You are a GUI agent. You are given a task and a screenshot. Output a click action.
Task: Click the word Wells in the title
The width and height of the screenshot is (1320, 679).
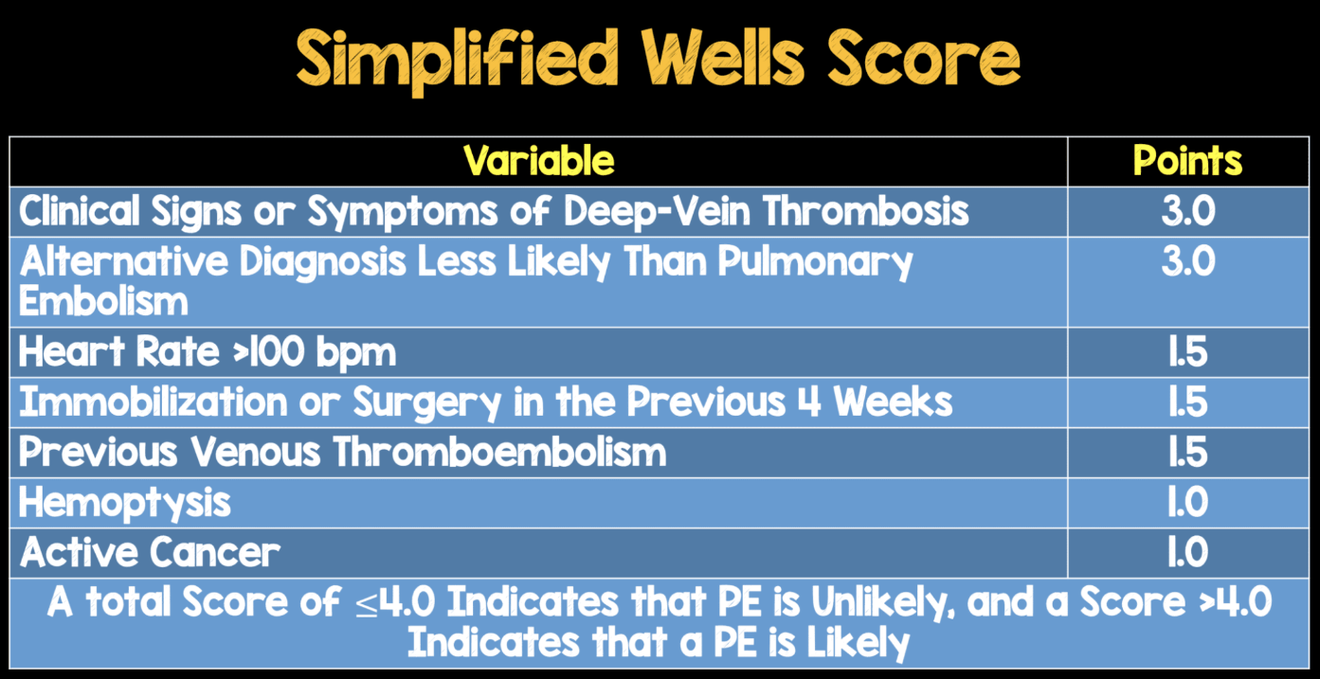723,59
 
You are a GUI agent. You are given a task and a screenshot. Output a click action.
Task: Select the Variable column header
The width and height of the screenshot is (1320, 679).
538,161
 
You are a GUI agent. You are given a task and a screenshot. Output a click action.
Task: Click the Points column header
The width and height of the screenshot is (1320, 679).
1187,161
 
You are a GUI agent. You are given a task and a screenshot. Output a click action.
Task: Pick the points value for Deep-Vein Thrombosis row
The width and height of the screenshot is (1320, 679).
1188,211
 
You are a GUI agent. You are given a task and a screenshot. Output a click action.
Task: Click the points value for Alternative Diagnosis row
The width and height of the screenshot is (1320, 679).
1188,261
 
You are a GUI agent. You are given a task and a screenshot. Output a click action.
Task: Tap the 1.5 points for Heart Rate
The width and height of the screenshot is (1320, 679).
1188,352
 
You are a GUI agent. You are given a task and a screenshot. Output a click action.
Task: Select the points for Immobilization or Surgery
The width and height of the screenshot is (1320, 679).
1188,402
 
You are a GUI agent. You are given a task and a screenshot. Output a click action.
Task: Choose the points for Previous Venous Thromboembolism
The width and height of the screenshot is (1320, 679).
1188,453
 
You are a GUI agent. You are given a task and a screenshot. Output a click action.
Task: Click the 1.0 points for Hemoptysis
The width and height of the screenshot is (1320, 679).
1188,503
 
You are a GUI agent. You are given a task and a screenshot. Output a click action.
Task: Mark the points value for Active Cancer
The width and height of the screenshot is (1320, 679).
1188,553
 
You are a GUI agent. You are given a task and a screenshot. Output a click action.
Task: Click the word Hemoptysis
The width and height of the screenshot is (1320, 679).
124,505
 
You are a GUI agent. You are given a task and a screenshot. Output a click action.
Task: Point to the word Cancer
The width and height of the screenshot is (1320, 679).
214,553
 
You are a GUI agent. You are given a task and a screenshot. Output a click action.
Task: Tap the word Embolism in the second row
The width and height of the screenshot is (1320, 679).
103,301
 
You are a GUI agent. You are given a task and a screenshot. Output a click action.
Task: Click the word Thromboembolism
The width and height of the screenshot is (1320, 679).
499,453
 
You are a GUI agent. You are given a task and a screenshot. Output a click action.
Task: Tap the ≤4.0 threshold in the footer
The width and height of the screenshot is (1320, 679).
395,603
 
